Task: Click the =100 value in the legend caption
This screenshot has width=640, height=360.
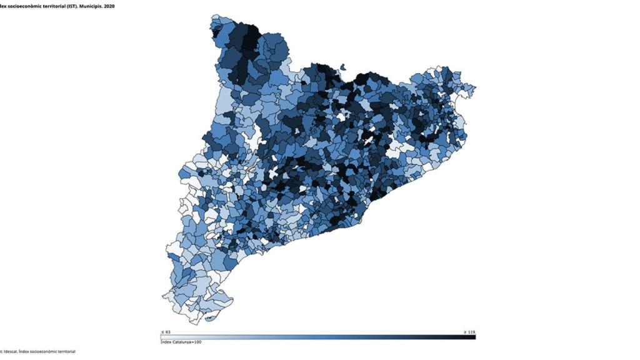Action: (196, 342)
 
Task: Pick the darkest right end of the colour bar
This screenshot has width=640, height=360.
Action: (473, 337)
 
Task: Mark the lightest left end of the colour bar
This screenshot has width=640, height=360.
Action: (164, 337)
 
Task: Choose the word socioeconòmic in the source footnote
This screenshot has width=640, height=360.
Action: (42, 352)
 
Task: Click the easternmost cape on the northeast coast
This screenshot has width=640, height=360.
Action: (474, 87)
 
